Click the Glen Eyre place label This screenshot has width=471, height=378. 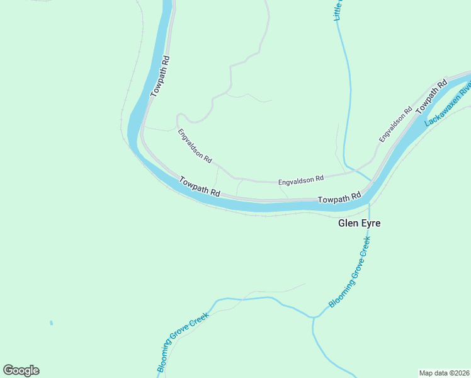pyautogui.click(x=360, y=223)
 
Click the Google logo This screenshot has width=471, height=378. pyautogui.click(x=21, y=370)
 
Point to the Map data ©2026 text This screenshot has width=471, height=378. pyautogui.click(x=444, y=373)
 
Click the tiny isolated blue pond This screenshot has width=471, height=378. pyautogui.click(x=51, y=323)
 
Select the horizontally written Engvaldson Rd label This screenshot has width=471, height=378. pyautogui.click(x=300, y=180)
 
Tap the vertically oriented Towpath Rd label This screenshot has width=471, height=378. pyautogui.click(x=161, y=76)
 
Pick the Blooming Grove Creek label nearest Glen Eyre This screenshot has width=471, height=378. pyautogui.click(x=349, y=272)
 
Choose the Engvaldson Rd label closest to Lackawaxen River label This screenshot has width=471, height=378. pyautogui.click(x=395, y=123)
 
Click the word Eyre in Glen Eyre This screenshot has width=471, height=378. pyautogui.click(x=371, y=223)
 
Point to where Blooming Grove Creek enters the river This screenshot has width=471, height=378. pyautogui.click(x=369, y=203)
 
